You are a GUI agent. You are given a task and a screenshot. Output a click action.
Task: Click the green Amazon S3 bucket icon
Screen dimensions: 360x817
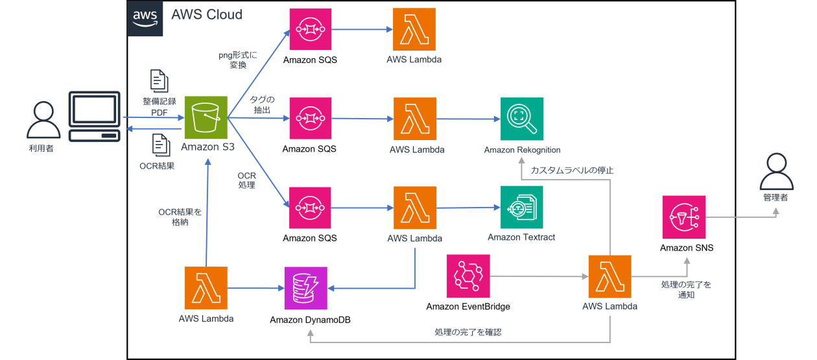[206, 117]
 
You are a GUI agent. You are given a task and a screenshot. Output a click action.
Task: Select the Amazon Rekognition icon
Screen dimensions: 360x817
[522, 119]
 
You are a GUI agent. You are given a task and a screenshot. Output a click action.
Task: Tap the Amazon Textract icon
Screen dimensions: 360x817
[521, 207]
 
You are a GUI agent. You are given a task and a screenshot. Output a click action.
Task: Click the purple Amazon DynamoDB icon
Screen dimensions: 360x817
[306, 288]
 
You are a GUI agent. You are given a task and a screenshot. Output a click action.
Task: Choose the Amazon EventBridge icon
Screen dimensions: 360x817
[468, 276]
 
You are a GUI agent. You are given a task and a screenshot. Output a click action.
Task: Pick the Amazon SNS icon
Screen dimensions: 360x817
[684, 217]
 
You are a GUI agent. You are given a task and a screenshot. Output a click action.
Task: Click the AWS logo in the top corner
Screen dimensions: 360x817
[146, 18]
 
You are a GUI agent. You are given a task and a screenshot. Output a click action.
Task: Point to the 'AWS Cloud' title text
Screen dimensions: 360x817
[207, 15]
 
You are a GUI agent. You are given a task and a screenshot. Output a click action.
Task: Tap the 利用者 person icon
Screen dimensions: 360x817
[40, 121]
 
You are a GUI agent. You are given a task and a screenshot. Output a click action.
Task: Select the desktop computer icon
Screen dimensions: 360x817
[95, 117]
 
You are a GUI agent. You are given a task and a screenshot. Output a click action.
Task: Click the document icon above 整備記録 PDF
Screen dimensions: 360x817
[159, 80]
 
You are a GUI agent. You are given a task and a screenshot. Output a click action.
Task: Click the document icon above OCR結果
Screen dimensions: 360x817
[159, 145]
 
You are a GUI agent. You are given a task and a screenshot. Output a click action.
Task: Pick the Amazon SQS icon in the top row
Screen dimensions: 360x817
[310, 29]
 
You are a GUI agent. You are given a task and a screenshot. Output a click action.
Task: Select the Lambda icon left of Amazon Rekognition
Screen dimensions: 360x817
[415, 119]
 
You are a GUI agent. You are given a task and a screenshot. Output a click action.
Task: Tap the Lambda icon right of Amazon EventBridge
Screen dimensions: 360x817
[610, 276]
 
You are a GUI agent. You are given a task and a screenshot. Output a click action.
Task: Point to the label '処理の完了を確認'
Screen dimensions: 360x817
[468, 332]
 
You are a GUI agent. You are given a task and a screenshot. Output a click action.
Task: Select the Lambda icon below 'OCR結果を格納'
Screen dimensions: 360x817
[206, 288]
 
